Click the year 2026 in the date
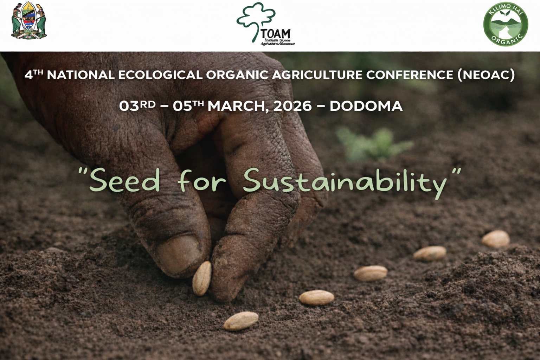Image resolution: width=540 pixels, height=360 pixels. (x=292, y=106)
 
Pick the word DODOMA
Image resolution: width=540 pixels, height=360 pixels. (x=366, y=106)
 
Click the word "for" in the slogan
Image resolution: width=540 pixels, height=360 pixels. (x=201, y=181)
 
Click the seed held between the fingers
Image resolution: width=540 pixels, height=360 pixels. (x=202, y=278)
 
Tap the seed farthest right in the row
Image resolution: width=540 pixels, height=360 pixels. (x=495, y=239)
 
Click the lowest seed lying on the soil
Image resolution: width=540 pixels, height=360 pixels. (x=241, y=321)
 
